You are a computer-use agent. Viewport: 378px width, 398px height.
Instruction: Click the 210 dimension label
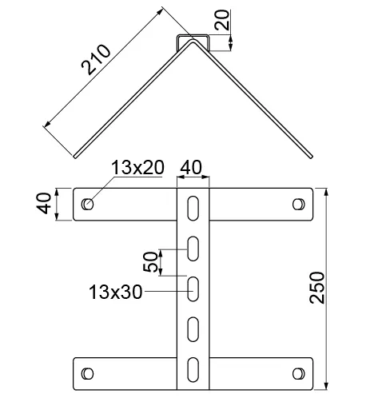tap(96, 59)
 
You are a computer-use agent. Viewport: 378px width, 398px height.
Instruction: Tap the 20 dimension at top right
tap(222, 20)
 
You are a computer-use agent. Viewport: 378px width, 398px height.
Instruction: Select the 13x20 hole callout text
tap(137, 168)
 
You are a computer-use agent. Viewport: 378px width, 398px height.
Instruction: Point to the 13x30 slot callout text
tap(115, 292)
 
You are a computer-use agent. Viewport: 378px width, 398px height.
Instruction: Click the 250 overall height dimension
tap(317, 288)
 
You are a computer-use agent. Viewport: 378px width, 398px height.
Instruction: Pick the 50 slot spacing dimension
tap(150, 261)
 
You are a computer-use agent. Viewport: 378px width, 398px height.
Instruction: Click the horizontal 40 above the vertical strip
tap(191, 167)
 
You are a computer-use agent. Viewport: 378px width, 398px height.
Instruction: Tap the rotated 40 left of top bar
tap(44, 204)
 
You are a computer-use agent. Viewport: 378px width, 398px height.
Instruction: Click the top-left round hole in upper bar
tap(87, 205)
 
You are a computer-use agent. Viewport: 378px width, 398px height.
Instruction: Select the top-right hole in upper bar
tap(299, 205)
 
